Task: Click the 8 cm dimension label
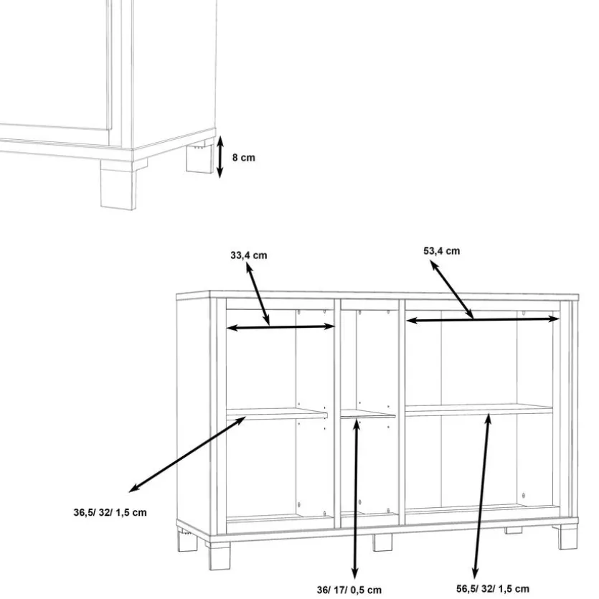point(244,157)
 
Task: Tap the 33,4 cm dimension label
point(249,255)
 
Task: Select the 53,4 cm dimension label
point(442,251)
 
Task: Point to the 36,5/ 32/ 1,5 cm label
point(110,512)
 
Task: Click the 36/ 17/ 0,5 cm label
point(349,590)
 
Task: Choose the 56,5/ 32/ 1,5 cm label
point(493,589)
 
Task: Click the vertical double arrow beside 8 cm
point(220,156)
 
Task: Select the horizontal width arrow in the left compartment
point(280,327)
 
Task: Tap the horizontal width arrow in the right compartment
point(483,319)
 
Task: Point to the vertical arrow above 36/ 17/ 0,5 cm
point(356,499)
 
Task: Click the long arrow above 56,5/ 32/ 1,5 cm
point(482,496)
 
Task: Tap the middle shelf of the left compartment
point(277,413)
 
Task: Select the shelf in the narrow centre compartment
point(367,415)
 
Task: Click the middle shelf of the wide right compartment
point(479,410)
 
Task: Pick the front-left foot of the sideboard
point(220,556)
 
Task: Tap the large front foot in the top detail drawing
point(118,184)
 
